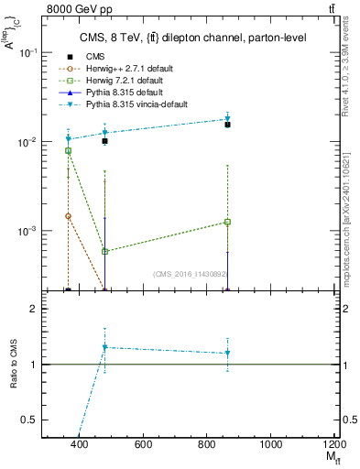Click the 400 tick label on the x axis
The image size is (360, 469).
point(80,444)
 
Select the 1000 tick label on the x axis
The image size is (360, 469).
point(270,444)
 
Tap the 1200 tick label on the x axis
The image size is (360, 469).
point(334,444)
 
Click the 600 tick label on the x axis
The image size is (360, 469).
point(143,444)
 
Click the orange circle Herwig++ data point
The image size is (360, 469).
point(68,216)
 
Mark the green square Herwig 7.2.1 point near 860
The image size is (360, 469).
point(227,222)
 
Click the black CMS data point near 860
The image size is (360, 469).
point(227,125)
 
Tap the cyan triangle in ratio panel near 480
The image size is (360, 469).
point(105,347)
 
